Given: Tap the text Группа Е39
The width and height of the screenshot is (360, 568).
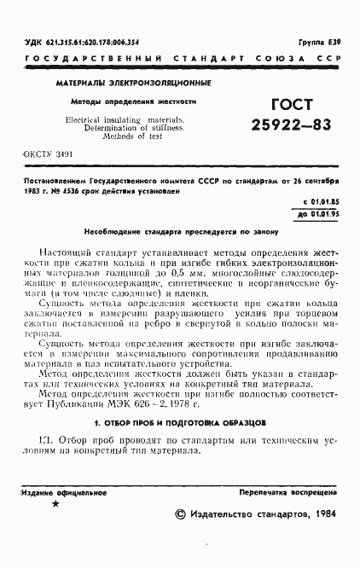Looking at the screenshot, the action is [324, 41].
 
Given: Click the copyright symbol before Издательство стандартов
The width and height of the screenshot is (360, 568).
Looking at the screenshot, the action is [179, 515].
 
